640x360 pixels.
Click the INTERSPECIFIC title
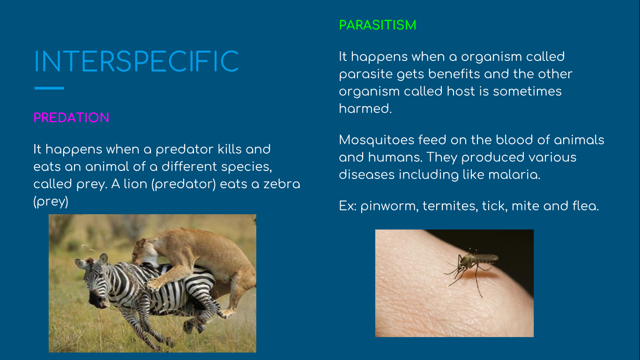136,61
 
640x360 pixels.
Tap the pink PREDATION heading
71,118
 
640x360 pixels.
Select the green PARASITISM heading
378,25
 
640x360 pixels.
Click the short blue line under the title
49,88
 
